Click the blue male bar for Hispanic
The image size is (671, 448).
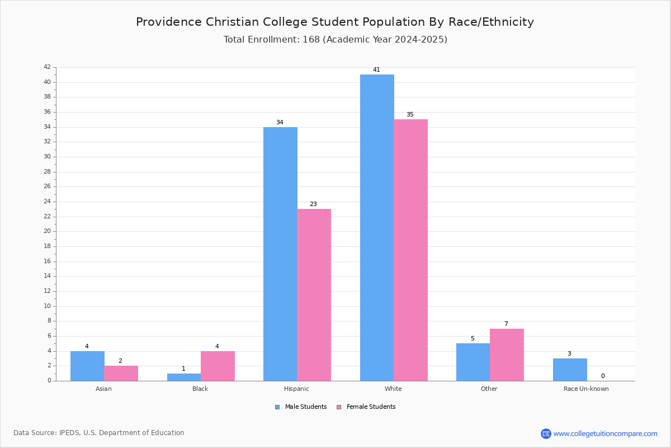(280, 254)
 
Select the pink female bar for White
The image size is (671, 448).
(410, 250)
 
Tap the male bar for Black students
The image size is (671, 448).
(184, 377)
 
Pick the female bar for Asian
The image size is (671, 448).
(121, 374)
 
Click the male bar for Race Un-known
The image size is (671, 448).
(570, 370)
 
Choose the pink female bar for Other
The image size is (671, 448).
(507, 354)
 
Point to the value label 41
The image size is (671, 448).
(376, 69)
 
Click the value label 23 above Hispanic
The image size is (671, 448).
(313, 204)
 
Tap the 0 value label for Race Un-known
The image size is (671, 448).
(603, 376)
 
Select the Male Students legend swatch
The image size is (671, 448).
(277, 407)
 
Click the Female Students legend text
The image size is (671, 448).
(371, 407)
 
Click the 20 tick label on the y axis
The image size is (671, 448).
(48, 231)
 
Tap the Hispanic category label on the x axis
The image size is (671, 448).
(296, 389)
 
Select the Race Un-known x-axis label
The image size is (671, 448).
(586, 389)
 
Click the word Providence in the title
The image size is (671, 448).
(169, 22)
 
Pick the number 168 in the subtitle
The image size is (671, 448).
(311, 40)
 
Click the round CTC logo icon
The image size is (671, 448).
(546, 433)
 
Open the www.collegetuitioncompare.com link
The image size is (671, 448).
(606, 433)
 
